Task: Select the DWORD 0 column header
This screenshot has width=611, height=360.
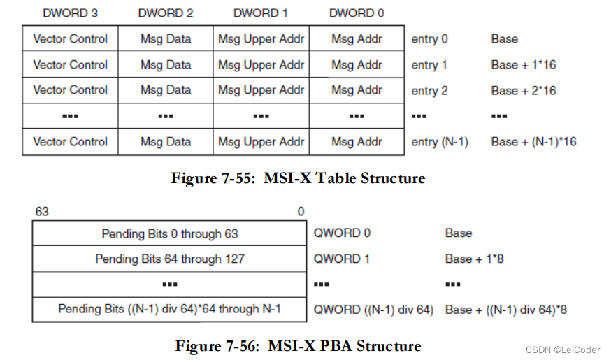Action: click(357, 13)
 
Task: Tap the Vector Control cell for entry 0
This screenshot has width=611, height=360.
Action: click(70, 39)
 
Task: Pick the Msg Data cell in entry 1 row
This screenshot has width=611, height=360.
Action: click(166, 65)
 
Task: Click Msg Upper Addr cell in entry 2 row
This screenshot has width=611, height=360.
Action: click(261, 90)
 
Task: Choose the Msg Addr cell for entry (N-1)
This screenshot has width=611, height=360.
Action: click(357, 141)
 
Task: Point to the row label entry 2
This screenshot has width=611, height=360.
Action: click(429, 91)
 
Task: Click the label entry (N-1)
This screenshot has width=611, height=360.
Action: click(439, 142)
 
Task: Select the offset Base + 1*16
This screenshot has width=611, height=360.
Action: click(523, 65)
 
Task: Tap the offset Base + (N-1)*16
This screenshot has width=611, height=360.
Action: click(533, 142)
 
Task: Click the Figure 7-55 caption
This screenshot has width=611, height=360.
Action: click(298, 178)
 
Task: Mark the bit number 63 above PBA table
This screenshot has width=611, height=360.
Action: click(42, 211)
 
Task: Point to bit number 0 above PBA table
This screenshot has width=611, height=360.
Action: click(301, 211)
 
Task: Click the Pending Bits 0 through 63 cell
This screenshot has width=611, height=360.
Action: click(170, 233)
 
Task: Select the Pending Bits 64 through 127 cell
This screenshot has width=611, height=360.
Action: click(170, 259)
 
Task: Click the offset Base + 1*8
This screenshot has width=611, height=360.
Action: click(474, 259)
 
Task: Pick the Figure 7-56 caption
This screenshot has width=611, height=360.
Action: click(298, 346)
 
